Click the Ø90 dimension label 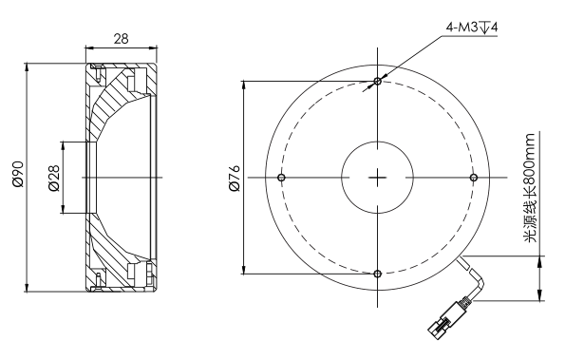[18, 175]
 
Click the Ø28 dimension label [54, 178]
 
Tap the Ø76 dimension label [235, 178]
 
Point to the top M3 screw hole [378, 81]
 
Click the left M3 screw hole [281, 178]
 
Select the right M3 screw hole [474, 178]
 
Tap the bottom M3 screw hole [378, 274]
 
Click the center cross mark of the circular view [378, 178]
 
